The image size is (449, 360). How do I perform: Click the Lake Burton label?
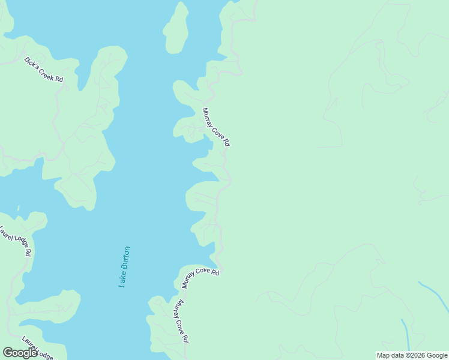(124, 266)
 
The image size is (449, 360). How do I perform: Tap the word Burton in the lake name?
(125, 257)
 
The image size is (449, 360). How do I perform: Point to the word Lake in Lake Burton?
(123, 278)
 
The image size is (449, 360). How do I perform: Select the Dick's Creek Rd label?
(43, 70)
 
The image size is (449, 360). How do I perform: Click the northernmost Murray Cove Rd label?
(216, 127)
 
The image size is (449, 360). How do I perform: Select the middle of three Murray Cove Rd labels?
(200, 278)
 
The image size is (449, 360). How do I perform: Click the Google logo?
(20, 353)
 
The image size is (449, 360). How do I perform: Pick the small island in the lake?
(176, 28)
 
